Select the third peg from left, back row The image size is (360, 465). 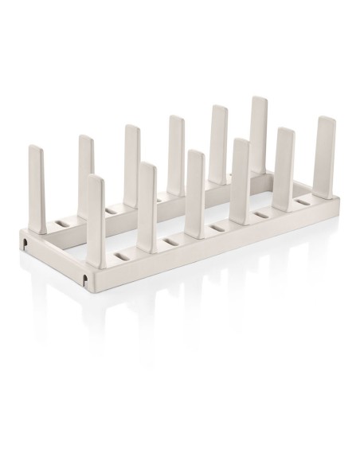coord(131,155)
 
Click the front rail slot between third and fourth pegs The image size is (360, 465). coord(216,228)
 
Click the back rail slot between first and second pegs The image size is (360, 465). coord(65,217)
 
